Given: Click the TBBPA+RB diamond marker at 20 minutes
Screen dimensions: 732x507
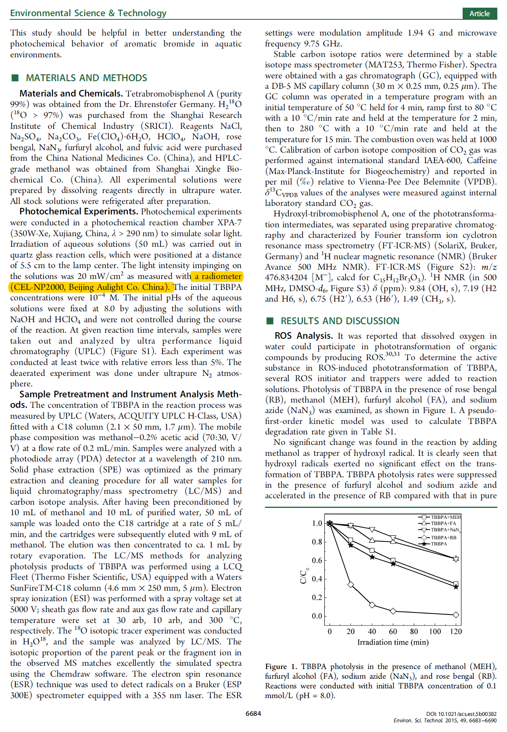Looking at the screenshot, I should click(351, 584).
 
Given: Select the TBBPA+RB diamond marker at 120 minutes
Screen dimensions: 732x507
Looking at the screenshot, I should click(456, 615).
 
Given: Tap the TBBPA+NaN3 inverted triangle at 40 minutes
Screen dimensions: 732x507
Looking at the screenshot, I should click(372, 529).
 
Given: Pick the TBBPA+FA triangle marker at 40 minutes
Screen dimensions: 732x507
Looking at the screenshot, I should click(372, 540).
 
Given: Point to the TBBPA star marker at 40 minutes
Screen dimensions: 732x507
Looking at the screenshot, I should click(372, 557).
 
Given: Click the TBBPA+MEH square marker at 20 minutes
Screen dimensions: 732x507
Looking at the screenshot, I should click(351, 540).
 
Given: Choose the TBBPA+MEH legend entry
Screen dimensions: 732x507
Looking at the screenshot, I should click(440, 517).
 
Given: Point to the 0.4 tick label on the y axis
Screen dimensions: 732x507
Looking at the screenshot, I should click(317, 579).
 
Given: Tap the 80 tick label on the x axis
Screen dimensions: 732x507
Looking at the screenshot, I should click(414, 631).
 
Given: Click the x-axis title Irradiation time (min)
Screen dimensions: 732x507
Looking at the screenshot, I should click(393, 642).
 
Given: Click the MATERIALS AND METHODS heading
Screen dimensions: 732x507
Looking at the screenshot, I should click(86, 78).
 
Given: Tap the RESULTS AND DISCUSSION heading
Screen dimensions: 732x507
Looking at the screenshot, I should click(340, 321).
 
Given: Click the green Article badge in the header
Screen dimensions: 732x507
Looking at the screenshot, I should click(479, 13).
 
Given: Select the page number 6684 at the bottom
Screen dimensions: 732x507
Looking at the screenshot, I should click(253, 713).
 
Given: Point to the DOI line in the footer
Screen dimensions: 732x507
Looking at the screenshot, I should click(461, 714).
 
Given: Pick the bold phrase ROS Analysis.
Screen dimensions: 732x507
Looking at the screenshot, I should click(303, 336).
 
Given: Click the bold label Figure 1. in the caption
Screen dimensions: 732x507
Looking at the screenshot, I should click(281, 667).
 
